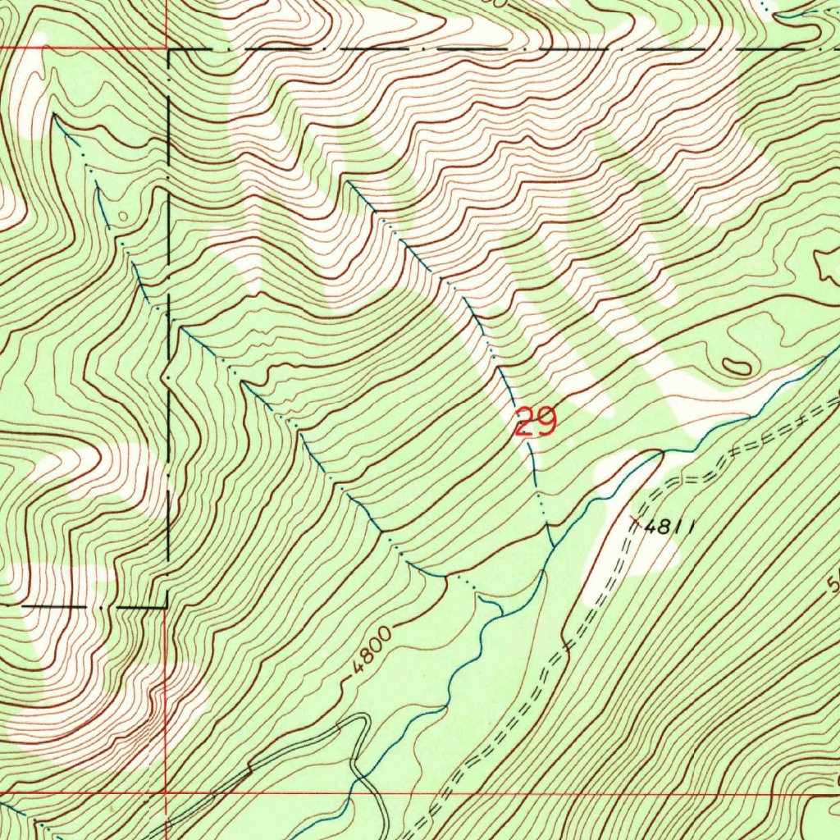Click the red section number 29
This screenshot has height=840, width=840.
coord(535,422)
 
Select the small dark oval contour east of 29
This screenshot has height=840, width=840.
coord(736,366)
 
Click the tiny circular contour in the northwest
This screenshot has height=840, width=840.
coord(122,216)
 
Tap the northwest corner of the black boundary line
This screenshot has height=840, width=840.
coord(169,50)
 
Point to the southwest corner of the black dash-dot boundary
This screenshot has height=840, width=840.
coord(167,606)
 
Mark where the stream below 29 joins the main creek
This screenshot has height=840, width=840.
coord(550,546)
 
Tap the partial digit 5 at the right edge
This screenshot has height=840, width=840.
coord(833,584)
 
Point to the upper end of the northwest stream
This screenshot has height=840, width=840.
coord(55,116)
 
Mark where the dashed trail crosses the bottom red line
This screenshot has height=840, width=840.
coord(436,793)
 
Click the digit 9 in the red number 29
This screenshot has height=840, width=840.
coord(546,422)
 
